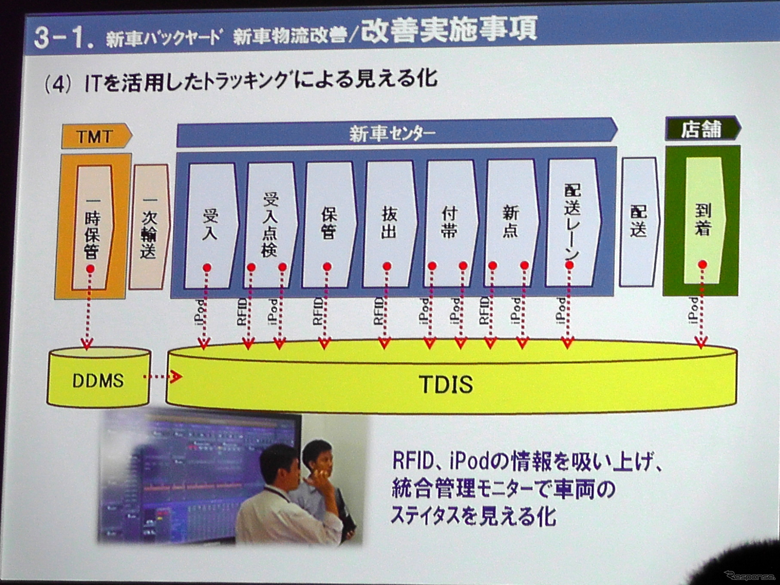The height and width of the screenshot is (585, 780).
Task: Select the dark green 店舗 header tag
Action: [x=702, y=129]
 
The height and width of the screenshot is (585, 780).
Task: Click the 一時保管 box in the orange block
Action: [x=92, y=228]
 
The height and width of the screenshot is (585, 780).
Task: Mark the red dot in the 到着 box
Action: [x=703, y=265]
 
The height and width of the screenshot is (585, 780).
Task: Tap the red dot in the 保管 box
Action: [x=327, y=267]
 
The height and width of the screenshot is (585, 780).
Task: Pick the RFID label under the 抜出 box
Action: [x=378, y=311]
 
